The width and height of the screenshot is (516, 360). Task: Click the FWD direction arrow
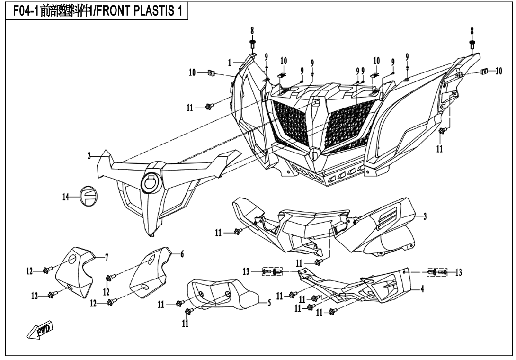pos(40,331)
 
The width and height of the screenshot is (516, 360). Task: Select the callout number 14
pos(66,197)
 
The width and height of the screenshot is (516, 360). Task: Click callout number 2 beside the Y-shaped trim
pos(89,156)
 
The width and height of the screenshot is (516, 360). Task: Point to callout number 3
pos(425,216)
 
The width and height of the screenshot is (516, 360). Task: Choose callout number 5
pos(269,303)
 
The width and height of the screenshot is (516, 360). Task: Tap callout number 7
pos(107,257)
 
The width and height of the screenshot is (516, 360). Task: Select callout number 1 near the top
pos(230,62)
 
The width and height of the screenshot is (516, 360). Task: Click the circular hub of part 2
pos(152,182)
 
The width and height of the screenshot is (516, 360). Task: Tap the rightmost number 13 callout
pos(458,272)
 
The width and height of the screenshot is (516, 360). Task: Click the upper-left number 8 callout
pos(252,30)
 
